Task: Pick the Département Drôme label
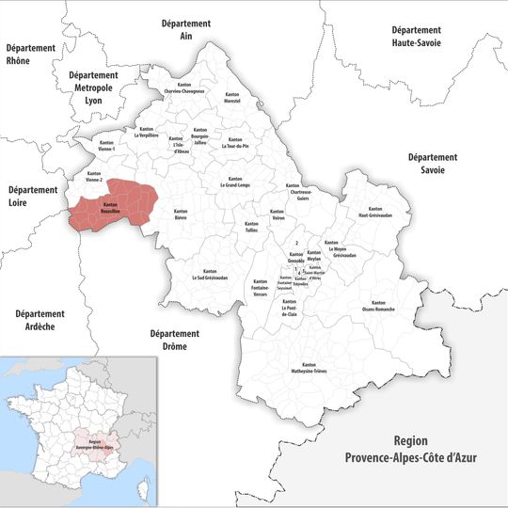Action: coord(175,340)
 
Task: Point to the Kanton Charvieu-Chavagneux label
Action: coord(184,88)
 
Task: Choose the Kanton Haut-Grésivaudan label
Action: coord(375,212)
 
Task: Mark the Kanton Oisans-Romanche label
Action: coord(377,308)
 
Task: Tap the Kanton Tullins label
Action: coord(250,229)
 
